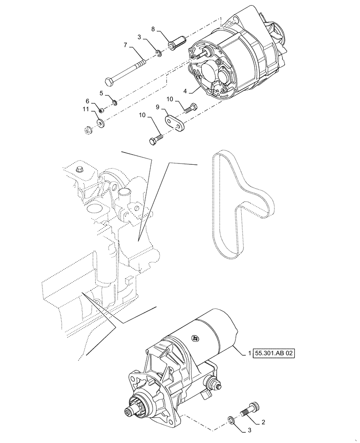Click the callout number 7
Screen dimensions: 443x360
point(125,46)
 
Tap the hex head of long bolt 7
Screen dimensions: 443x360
point(109,82)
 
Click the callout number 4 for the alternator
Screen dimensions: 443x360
point(185,92)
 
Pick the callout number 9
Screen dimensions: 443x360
point(157,108)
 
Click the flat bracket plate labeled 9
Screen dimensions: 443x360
point(173,122)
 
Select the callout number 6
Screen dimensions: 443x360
point(88,101)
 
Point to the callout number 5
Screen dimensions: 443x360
point(101,93)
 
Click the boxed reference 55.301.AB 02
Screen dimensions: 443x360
point(274,353)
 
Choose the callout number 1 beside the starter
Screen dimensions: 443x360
point(250,353)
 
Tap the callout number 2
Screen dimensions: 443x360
point(263,422)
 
